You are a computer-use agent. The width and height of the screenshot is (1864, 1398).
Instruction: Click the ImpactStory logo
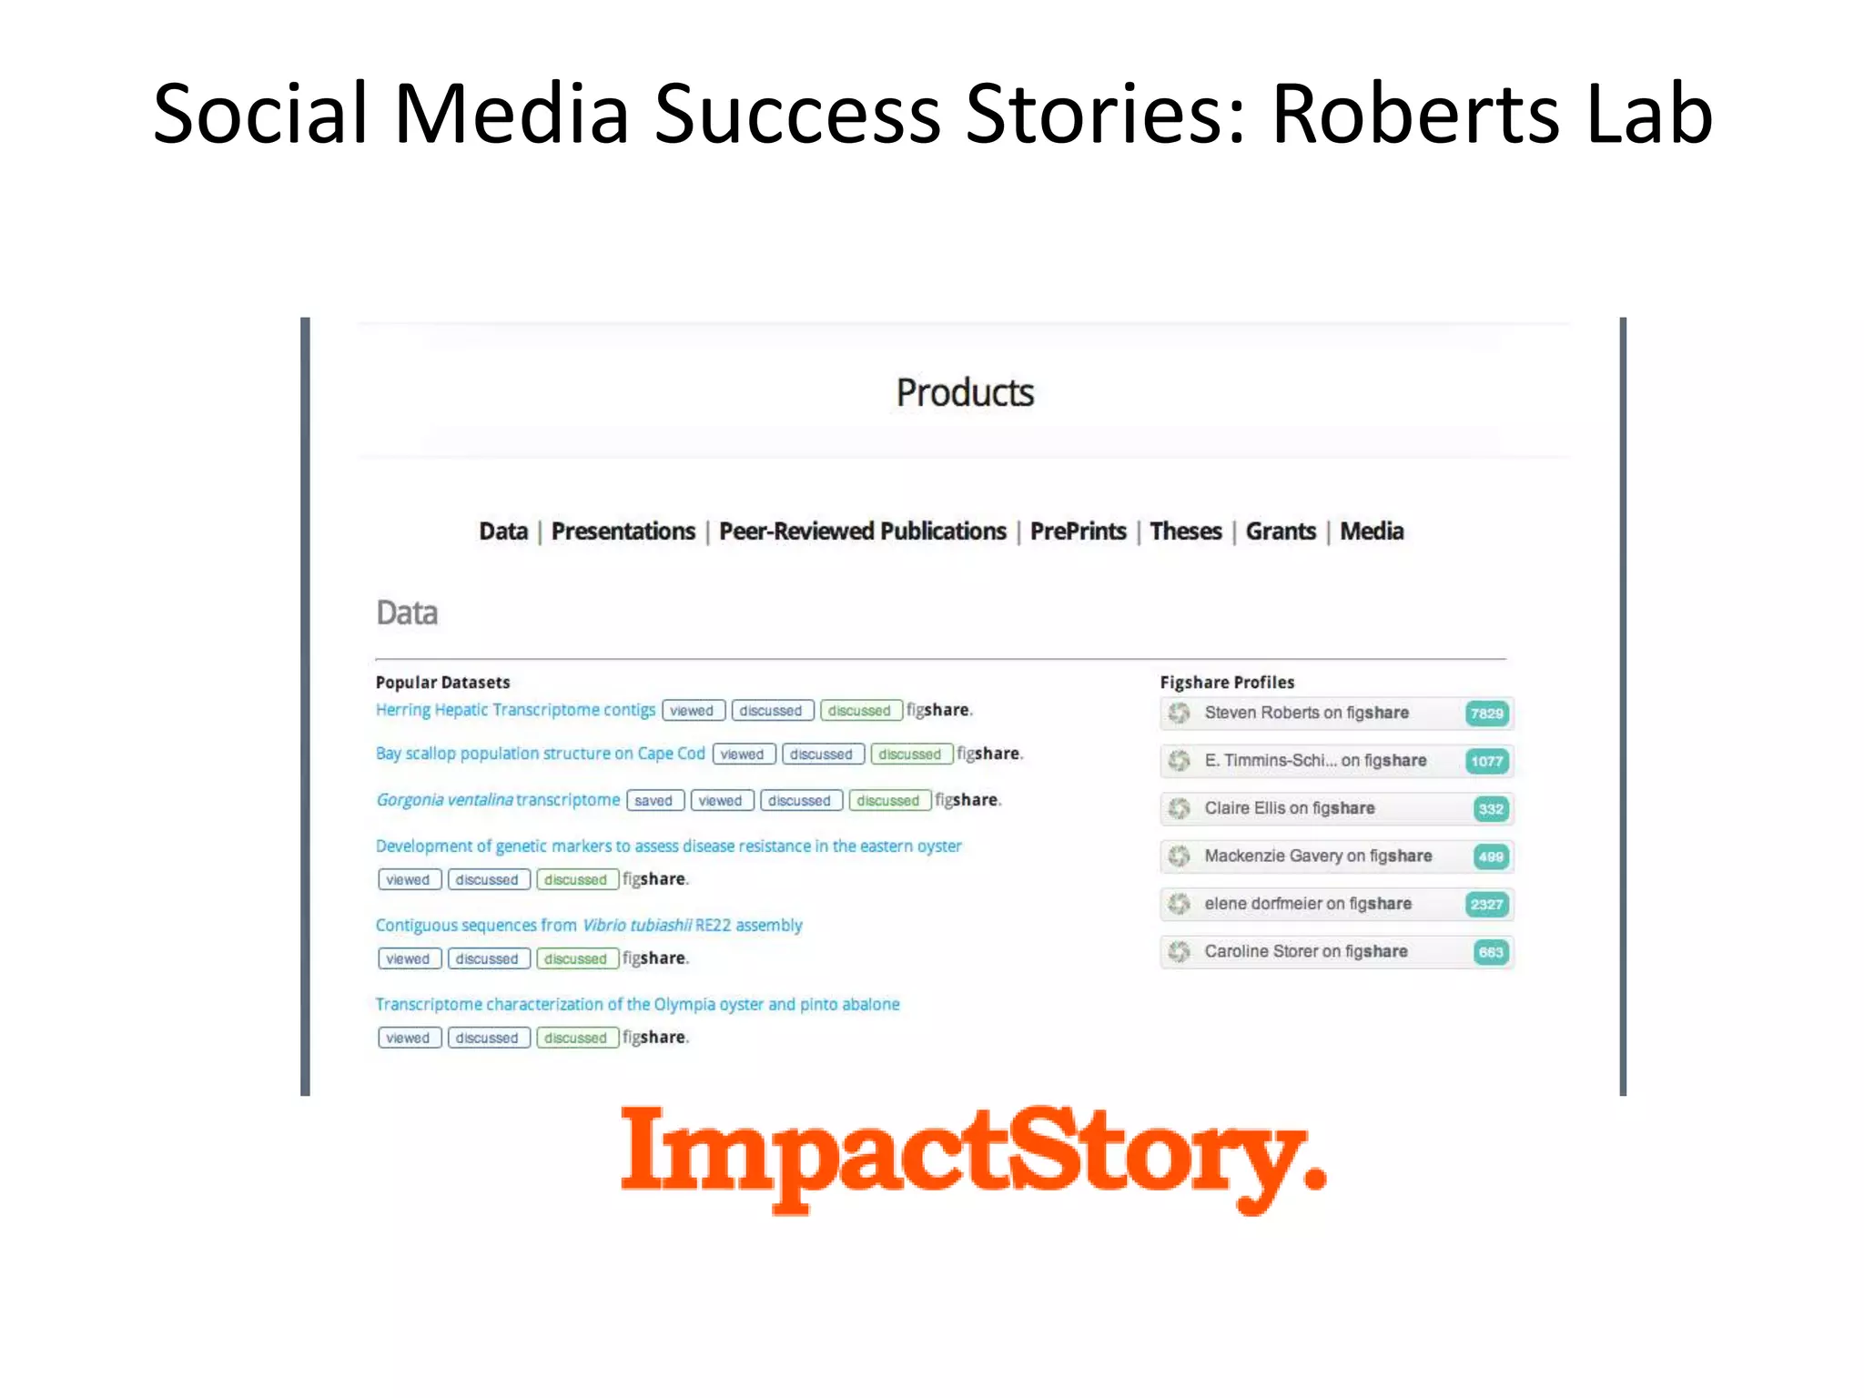point(972,1157)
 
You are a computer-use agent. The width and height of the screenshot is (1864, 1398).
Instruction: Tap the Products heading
point(965,393)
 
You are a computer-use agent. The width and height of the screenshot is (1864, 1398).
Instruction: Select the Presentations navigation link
point(623,532)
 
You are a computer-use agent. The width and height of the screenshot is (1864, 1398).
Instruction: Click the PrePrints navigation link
point(1078,532)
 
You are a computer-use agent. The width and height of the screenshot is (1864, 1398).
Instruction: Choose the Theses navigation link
point(1185,532)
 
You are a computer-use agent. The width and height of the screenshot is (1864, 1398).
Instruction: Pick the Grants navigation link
point(1281,532)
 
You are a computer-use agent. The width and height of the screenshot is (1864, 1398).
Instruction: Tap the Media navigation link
point(1372,532)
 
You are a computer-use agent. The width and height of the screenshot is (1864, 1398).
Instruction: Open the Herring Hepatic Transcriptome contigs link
point(515,710)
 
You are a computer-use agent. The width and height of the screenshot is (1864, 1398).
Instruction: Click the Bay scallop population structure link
point(540,754)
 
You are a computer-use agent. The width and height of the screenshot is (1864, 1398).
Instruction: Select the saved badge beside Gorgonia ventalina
point(653,801)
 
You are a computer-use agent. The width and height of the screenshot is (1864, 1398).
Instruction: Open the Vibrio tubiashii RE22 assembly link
point(589,926)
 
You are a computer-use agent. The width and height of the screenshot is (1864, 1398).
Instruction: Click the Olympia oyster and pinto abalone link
point(637,1005)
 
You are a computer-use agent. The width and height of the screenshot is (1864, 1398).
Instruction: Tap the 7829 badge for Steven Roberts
point(1486,714)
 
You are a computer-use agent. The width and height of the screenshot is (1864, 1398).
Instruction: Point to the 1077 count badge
point(1486,762)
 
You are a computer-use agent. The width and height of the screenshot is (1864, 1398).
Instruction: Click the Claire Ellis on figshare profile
point(1289,808)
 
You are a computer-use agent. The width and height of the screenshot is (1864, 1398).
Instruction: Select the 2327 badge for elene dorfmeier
point(1486,905)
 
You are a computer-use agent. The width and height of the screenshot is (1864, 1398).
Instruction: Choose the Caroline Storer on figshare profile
point(1305,952)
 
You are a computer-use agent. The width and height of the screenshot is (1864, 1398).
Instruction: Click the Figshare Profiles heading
point(1227,683)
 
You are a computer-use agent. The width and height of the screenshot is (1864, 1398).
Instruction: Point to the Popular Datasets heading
point(442,683)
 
